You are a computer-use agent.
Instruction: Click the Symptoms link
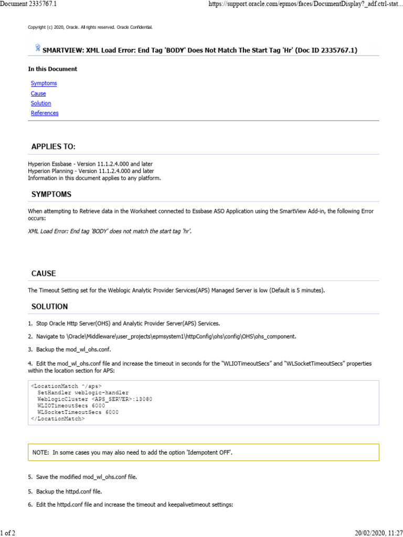(x=44, y=83)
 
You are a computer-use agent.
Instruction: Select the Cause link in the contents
(x=38, y=93)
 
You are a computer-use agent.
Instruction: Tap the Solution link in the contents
(x=41, y=103)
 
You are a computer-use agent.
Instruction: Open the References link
(x=45, y=113)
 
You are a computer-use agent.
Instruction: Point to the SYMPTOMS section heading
(x=51, y=195)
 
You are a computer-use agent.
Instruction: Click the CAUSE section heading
(x=44, y=274)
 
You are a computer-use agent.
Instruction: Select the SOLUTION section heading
(x=49, y=306)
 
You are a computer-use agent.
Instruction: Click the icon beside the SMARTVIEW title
(x=38, y=48)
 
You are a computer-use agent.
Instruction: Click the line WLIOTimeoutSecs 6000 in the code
(x=71, y=405)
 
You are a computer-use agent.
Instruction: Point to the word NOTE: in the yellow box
(x=41, y=452)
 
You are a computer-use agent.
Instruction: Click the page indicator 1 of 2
(x=8, y=533)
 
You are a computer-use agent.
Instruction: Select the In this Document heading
(x=52, y=69)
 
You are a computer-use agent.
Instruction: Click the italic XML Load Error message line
(x=110, y=231)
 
